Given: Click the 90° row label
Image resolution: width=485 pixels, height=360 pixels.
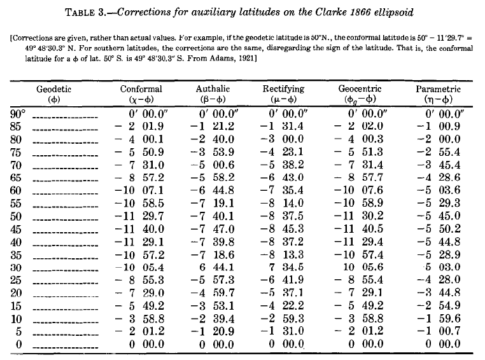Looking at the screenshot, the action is (18, 114).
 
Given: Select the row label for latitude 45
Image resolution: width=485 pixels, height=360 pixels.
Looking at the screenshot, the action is (16, 229).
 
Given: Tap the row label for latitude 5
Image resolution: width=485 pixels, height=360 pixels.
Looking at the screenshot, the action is (18, 331).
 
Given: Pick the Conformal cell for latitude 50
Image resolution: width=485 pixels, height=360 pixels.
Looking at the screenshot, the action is (139, 216).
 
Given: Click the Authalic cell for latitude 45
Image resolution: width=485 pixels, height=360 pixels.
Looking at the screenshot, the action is (212, 229).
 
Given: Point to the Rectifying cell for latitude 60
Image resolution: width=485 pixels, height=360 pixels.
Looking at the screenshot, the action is (282, 190).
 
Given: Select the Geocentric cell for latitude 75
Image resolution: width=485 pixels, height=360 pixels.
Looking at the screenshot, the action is (359, 152).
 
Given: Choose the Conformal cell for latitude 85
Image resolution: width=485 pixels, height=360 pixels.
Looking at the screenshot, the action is (139, 126).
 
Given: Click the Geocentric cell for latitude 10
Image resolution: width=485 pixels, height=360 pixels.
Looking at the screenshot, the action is (359, 318).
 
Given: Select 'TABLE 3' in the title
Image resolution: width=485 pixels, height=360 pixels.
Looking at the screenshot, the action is (86, 13).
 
